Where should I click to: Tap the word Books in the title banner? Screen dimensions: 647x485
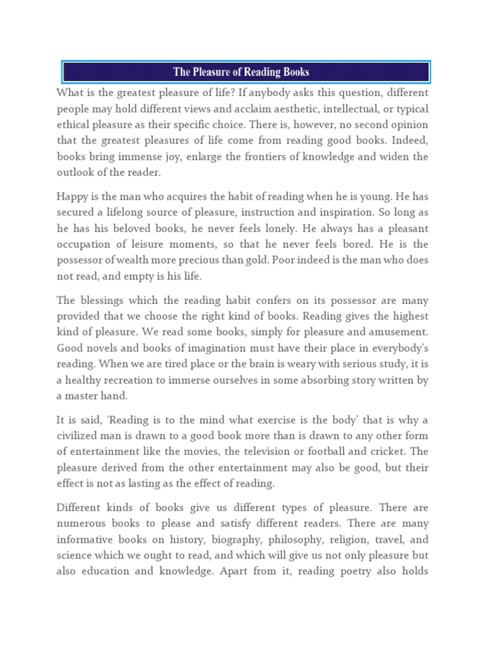[295, 72]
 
